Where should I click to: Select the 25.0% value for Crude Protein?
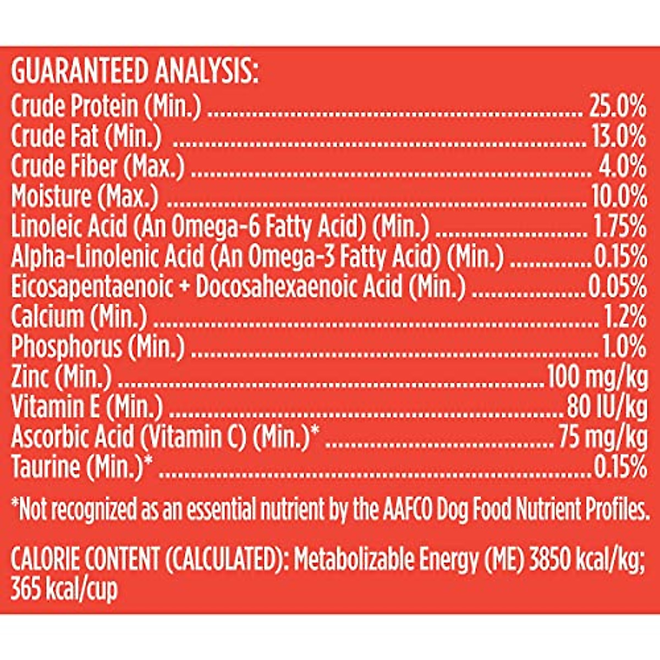point(618,106)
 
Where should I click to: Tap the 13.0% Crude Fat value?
point(619,136)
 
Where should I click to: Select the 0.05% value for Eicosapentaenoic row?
point(618,287)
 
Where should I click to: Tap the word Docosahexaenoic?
point(299,287)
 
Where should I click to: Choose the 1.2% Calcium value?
point(625,317)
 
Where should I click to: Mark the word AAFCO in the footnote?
point(407,510)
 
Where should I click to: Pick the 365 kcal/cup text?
point(64,590)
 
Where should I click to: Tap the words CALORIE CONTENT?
point(85,560)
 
